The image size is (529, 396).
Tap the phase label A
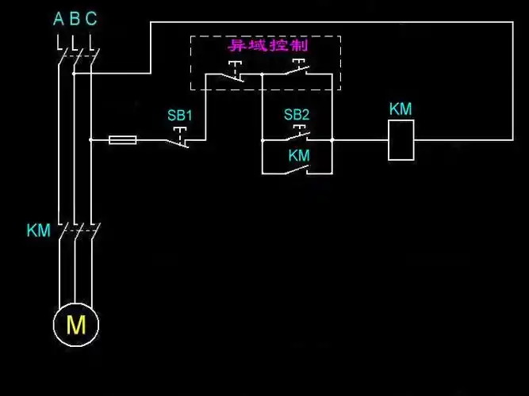coord(58,18)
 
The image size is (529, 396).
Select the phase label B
coord(75,18)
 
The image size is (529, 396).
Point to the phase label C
coord(91,18)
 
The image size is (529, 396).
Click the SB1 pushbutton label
coord(180,115)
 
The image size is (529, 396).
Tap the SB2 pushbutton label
coord(297,115)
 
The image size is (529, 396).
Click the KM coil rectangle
coord(401,140)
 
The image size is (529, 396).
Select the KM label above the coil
coord(401,109)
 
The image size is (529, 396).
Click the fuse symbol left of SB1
coord(122,140)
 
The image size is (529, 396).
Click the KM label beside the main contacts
coord(38,231)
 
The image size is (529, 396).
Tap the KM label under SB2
coord(299,156)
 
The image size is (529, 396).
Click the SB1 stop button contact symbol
coord(182,136)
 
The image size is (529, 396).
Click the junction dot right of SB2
coord(332,140)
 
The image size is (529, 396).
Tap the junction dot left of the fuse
coord(91,140)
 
